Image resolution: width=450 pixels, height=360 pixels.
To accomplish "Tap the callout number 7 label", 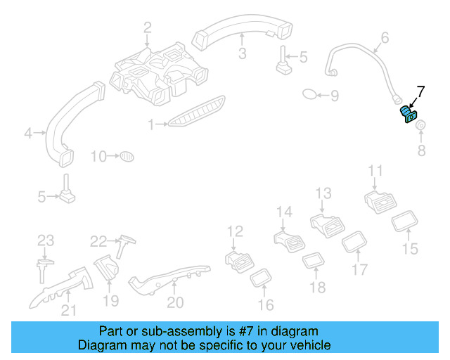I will pos(420,92).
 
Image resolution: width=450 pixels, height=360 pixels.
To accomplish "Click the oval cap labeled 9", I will pos(310,94).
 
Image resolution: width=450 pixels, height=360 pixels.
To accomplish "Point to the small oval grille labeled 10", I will pos(127,155).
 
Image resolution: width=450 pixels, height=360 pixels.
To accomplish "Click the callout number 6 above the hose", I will pos(385,37).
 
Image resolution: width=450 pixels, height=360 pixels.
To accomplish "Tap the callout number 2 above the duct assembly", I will pos(148,28).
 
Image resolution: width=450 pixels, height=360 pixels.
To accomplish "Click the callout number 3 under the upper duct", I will pos(241,53).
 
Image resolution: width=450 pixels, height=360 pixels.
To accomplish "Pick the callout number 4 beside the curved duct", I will pos(28,131).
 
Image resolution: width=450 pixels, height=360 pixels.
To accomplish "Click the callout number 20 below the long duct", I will pos(175,303).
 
